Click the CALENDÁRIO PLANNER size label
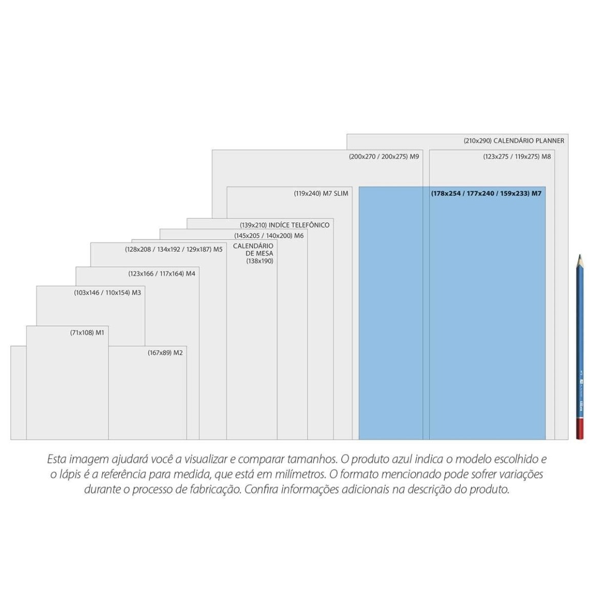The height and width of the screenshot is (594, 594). (514, 141)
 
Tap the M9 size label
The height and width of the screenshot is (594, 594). (384, 157)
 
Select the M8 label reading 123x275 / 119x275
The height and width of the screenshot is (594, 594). (517, 157)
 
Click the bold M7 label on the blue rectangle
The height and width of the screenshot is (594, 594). (486, 194)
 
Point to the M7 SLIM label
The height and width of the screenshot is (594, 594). (321, 194)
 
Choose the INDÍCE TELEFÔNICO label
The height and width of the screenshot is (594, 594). (284, 225)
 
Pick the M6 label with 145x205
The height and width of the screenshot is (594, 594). (269, 236)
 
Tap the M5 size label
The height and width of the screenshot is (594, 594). (174, 249)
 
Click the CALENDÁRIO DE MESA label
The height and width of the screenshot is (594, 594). (253, 253)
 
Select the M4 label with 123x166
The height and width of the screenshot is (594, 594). (161, 273)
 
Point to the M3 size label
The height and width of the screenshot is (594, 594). (107, 292)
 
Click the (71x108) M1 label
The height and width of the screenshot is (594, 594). (87, 333)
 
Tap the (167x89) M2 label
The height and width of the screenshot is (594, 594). (165, 353)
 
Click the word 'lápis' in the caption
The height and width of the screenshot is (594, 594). (68, 475)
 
